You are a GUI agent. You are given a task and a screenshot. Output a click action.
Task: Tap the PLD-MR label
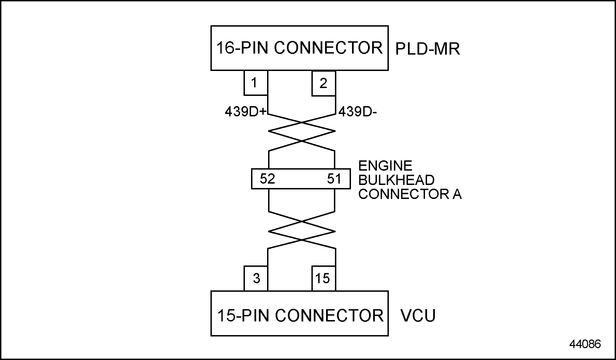(427, 49)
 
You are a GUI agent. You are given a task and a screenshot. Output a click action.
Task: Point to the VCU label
(418, 316)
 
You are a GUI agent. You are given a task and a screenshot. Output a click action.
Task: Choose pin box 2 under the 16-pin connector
(323, 83)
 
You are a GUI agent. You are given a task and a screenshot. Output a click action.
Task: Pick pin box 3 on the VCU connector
(256, 278)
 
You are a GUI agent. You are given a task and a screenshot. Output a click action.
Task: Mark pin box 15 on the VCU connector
(323, 278)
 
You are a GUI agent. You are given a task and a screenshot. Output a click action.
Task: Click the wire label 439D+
(245, 112)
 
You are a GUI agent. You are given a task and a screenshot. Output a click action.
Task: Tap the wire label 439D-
(357, 112)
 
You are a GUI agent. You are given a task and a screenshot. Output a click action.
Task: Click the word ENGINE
(385, 166)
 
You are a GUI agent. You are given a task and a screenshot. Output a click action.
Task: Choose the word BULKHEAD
(396, 180)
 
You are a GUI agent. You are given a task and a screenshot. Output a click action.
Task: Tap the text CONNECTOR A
(410, 194)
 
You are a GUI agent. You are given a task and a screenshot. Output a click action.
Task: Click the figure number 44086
(585, 344)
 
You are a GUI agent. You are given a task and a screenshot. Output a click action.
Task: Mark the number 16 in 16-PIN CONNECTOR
(225, 48)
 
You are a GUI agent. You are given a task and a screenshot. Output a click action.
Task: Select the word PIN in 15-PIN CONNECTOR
(255, 316)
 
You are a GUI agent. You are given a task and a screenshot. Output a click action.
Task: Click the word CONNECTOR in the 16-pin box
(328, 48)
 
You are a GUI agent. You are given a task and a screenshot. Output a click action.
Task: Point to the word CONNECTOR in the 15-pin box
(329, 316)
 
